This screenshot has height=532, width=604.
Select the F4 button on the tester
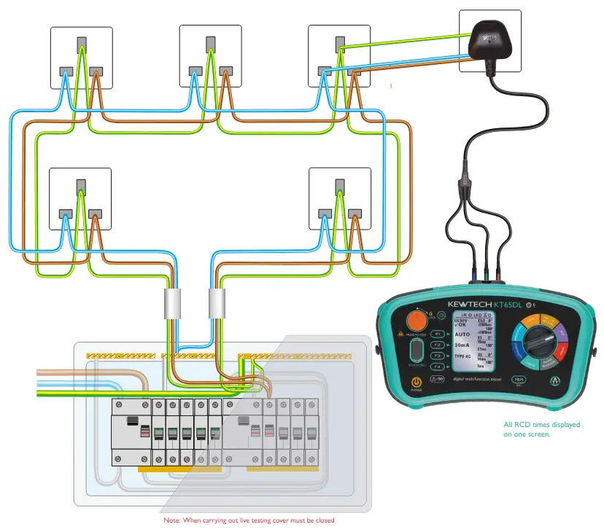(437, 367)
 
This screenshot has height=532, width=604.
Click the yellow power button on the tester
(416, 383)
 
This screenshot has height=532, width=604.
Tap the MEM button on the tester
(518, 380)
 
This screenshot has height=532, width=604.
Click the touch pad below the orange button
(417, 351)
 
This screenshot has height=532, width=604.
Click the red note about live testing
(249, 520)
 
